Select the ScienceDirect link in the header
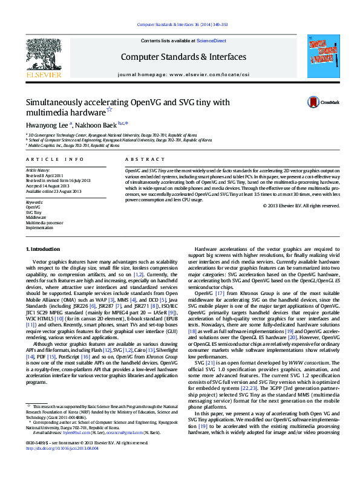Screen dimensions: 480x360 pos(212,41)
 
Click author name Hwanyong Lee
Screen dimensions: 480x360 pos(47,123)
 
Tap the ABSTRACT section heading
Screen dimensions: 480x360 pos(137,159)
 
